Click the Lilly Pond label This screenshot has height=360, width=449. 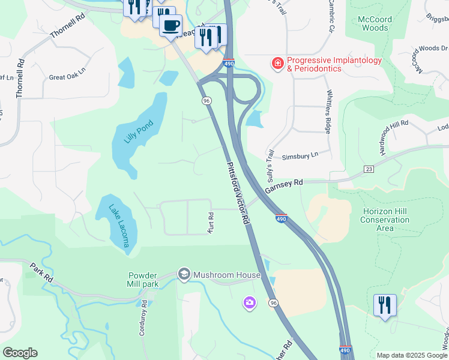(x=139, y=132)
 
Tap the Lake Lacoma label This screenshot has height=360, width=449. (x=119, y=226)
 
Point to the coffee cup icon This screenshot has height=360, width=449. (x=171, y=25)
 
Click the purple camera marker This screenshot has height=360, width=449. (x=249, y=303)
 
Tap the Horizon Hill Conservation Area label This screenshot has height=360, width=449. (x=385, y=220)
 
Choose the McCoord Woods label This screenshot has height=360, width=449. (x=375, y=23)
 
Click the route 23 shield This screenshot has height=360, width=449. (x=369, y=170)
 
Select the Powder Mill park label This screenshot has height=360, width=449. (x=143, y=280)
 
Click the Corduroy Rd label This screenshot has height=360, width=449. (x=143, y=322)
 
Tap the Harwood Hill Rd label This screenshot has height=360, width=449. (x=394, y=137)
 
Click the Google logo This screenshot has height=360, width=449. (x=20, y=353)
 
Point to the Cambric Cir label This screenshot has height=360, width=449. (x=331, y=17)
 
